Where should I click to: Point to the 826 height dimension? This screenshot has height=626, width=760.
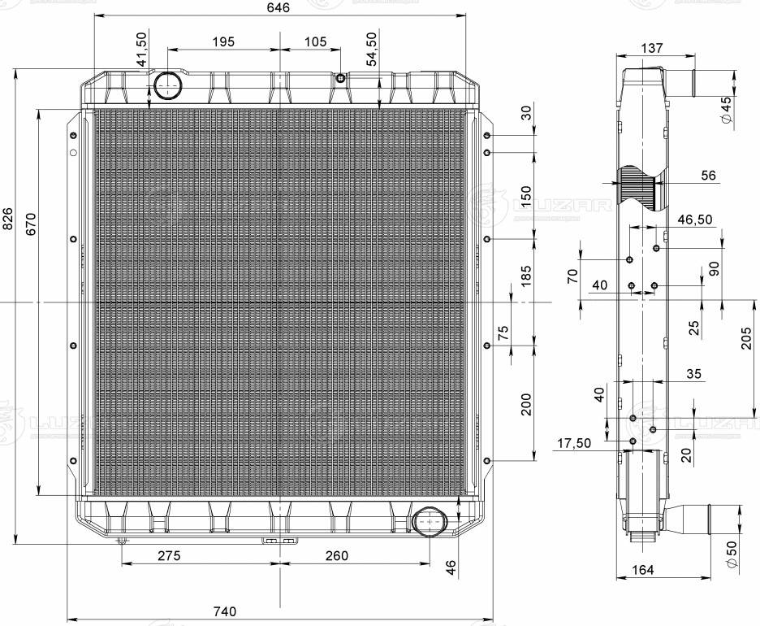click(8, 219)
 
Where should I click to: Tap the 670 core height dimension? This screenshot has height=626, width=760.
click(30, 224)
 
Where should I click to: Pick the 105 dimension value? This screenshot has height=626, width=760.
click(316, 41)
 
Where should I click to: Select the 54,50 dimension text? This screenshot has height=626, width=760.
click(372, 49)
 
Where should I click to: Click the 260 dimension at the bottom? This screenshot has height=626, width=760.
click(336, 555)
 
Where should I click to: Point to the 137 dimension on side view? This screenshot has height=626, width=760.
click(651, 48)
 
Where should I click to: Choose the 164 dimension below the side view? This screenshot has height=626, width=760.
click(641, 569)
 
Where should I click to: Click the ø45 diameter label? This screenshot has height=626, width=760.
click(727, 110)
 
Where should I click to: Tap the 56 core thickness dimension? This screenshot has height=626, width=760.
click(708, 176)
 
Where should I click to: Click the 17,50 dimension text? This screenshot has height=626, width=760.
click(573, 443)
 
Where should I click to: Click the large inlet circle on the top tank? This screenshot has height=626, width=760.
click(168, 84)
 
